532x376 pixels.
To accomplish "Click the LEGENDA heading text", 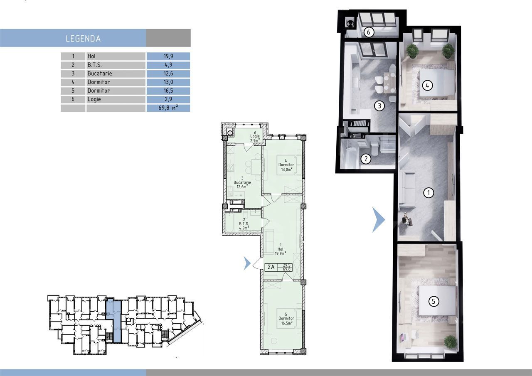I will [x=83, y=39].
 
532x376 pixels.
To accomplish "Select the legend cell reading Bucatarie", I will [x=100, y=74].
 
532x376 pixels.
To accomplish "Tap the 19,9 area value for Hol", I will [x=168, y=56].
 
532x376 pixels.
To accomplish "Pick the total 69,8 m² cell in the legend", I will [x=168, y=108].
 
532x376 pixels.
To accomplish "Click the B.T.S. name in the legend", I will [x=94, y=65].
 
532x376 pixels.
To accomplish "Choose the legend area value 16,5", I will [x=168, y=91].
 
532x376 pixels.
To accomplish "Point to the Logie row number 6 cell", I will [x=73, y=99].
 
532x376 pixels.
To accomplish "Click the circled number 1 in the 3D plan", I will [x=428, y=192].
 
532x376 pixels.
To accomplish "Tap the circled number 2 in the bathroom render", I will [x=366, y=159].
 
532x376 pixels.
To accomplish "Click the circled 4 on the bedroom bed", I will [x=427, y=86].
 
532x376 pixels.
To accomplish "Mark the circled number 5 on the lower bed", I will [x=433, y=301].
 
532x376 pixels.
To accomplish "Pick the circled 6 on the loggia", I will [x=368, y=32].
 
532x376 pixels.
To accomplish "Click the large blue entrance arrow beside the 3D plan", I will [x=378, y=220].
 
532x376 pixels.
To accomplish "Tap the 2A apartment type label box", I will [x=271, y=267].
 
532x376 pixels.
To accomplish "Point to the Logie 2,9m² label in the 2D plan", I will [x=255, y=138].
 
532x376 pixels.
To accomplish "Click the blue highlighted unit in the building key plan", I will [x=113, y=320].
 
